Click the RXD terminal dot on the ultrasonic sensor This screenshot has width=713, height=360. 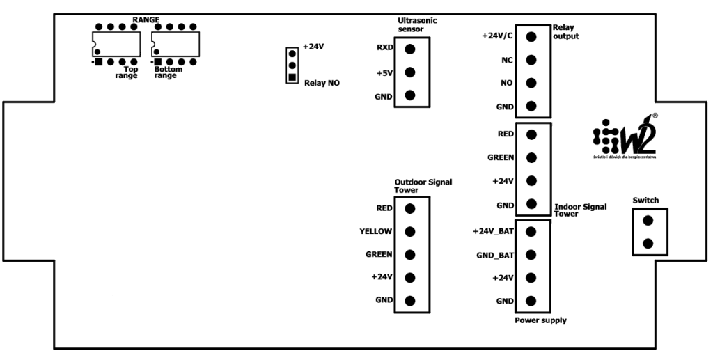(409, 49)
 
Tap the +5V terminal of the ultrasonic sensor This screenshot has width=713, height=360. (409, 72)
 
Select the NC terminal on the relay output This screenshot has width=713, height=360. (531, 61)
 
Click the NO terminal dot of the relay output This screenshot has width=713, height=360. (531, 84)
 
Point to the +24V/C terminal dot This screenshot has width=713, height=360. (531, 37)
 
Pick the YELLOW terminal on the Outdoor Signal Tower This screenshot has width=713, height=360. (409, 231)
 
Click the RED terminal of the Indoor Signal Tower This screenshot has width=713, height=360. (531, 134)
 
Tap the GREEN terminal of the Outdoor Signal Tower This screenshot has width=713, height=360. (409, 255)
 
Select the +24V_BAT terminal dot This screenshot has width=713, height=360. (531, 231)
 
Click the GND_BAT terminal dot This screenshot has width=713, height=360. (531, 255)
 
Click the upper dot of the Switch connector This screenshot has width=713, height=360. (648, 221)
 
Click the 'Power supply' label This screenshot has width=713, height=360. (540, 320)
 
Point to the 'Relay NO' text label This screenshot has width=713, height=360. (322, 83)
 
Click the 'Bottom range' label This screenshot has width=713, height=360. (167, 72)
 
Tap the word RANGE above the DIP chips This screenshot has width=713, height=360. (146, 19)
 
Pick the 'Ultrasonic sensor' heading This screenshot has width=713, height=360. (417, 25)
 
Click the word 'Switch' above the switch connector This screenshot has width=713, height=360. (645, 201)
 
